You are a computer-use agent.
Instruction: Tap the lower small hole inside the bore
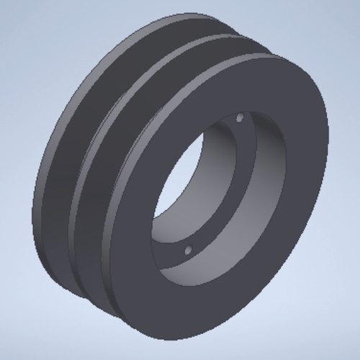point(189,251)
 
